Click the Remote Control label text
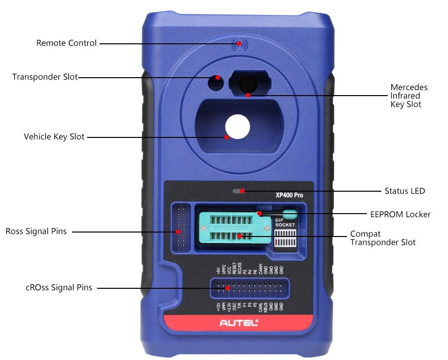point(66,43)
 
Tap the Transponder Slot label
point(45,77)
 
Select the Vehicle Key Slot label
point(54,136)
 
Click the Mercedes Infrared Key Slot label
point(409,96)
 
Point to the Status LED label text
point(405,191)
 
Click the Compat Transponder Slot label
point(382,238)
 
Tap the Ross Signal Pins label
point(36,232)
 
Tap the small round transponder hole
point(216,83)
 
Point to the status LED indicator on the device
point(239,191)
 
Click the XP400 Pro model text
point(289,195)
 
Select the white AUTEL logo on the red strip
point(239,323)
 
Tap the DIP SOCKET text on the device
point(285,222)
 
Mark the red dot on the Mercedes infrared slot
point(248,94)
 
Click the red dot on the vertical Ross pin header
point(177,232)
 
